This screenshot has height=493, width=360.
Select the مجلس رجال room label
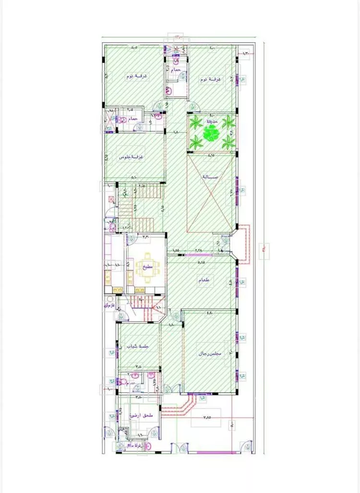coord(211,354)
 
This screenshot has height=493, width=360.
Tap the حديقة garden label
coord(212,122)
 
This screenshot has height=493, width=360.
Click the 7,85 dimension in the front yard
coord(207,417)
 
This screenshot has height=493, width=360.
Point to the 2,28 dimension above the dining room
coord(199,250)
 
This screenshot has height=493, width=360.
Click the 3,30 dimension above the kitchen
coord(146,236)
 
